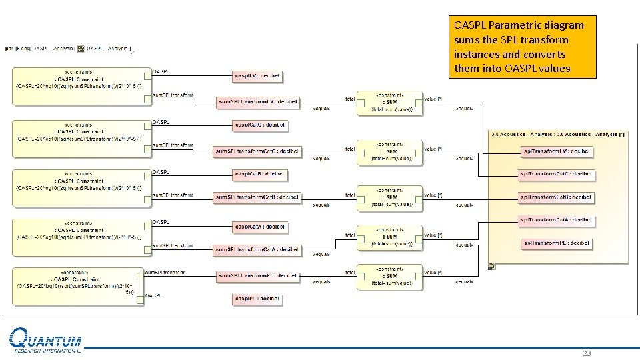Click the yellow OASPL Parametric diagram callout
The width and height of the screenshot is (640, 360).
[x=522, y=47]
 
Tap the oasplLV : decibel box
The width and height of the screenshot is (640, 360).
[x=257, y=76]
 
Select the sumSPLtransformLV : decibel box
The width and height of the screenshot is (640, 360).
[x=258, y=101]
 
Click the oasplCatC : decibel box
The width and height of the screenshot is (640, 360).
[x=259, y=125]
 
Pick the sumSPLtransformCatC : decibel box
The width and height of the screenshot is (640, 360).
[x=257, y=151]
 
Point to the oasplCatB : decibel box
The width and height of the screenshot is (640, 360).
[x=259, y=174]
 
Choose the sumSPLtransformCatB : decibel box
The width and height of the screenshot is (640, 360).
[x=257, y=197]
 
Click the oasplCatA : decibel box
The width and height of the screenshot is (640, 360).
[x=259, y=227]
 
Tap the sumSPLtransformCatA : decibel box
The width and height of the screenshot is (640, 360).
[x=257, y=249]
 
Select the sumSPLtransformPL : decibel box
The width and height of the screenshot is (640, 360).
[x=257, y=275]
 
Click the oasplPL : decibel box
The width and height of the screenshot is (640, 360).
[x=257, y=300]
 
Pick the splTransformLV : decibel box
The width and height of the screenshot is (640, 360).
[x=557, y=151]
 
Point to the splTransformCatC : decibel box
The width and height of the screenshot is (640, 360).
[x=556, y=174]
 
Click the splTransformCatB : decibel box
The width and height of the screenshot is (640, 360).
[x=556, y=197]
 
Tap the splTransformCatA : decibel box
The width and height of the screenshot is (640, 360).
[x=556, y=219]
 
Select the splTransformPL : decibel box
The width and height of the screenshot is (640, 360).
[x=557, y=243]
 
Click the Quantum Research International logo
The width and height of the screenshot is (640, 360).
[x=45, y=341]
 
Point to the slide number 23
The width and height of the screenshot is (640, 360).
[x=587, y=353]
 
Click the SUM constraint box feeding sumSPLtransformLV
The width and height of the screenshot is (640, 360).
[x=389, y=103]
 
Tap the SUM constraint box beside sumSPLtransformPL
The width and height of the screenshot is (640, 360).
[x=389, y=277]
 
